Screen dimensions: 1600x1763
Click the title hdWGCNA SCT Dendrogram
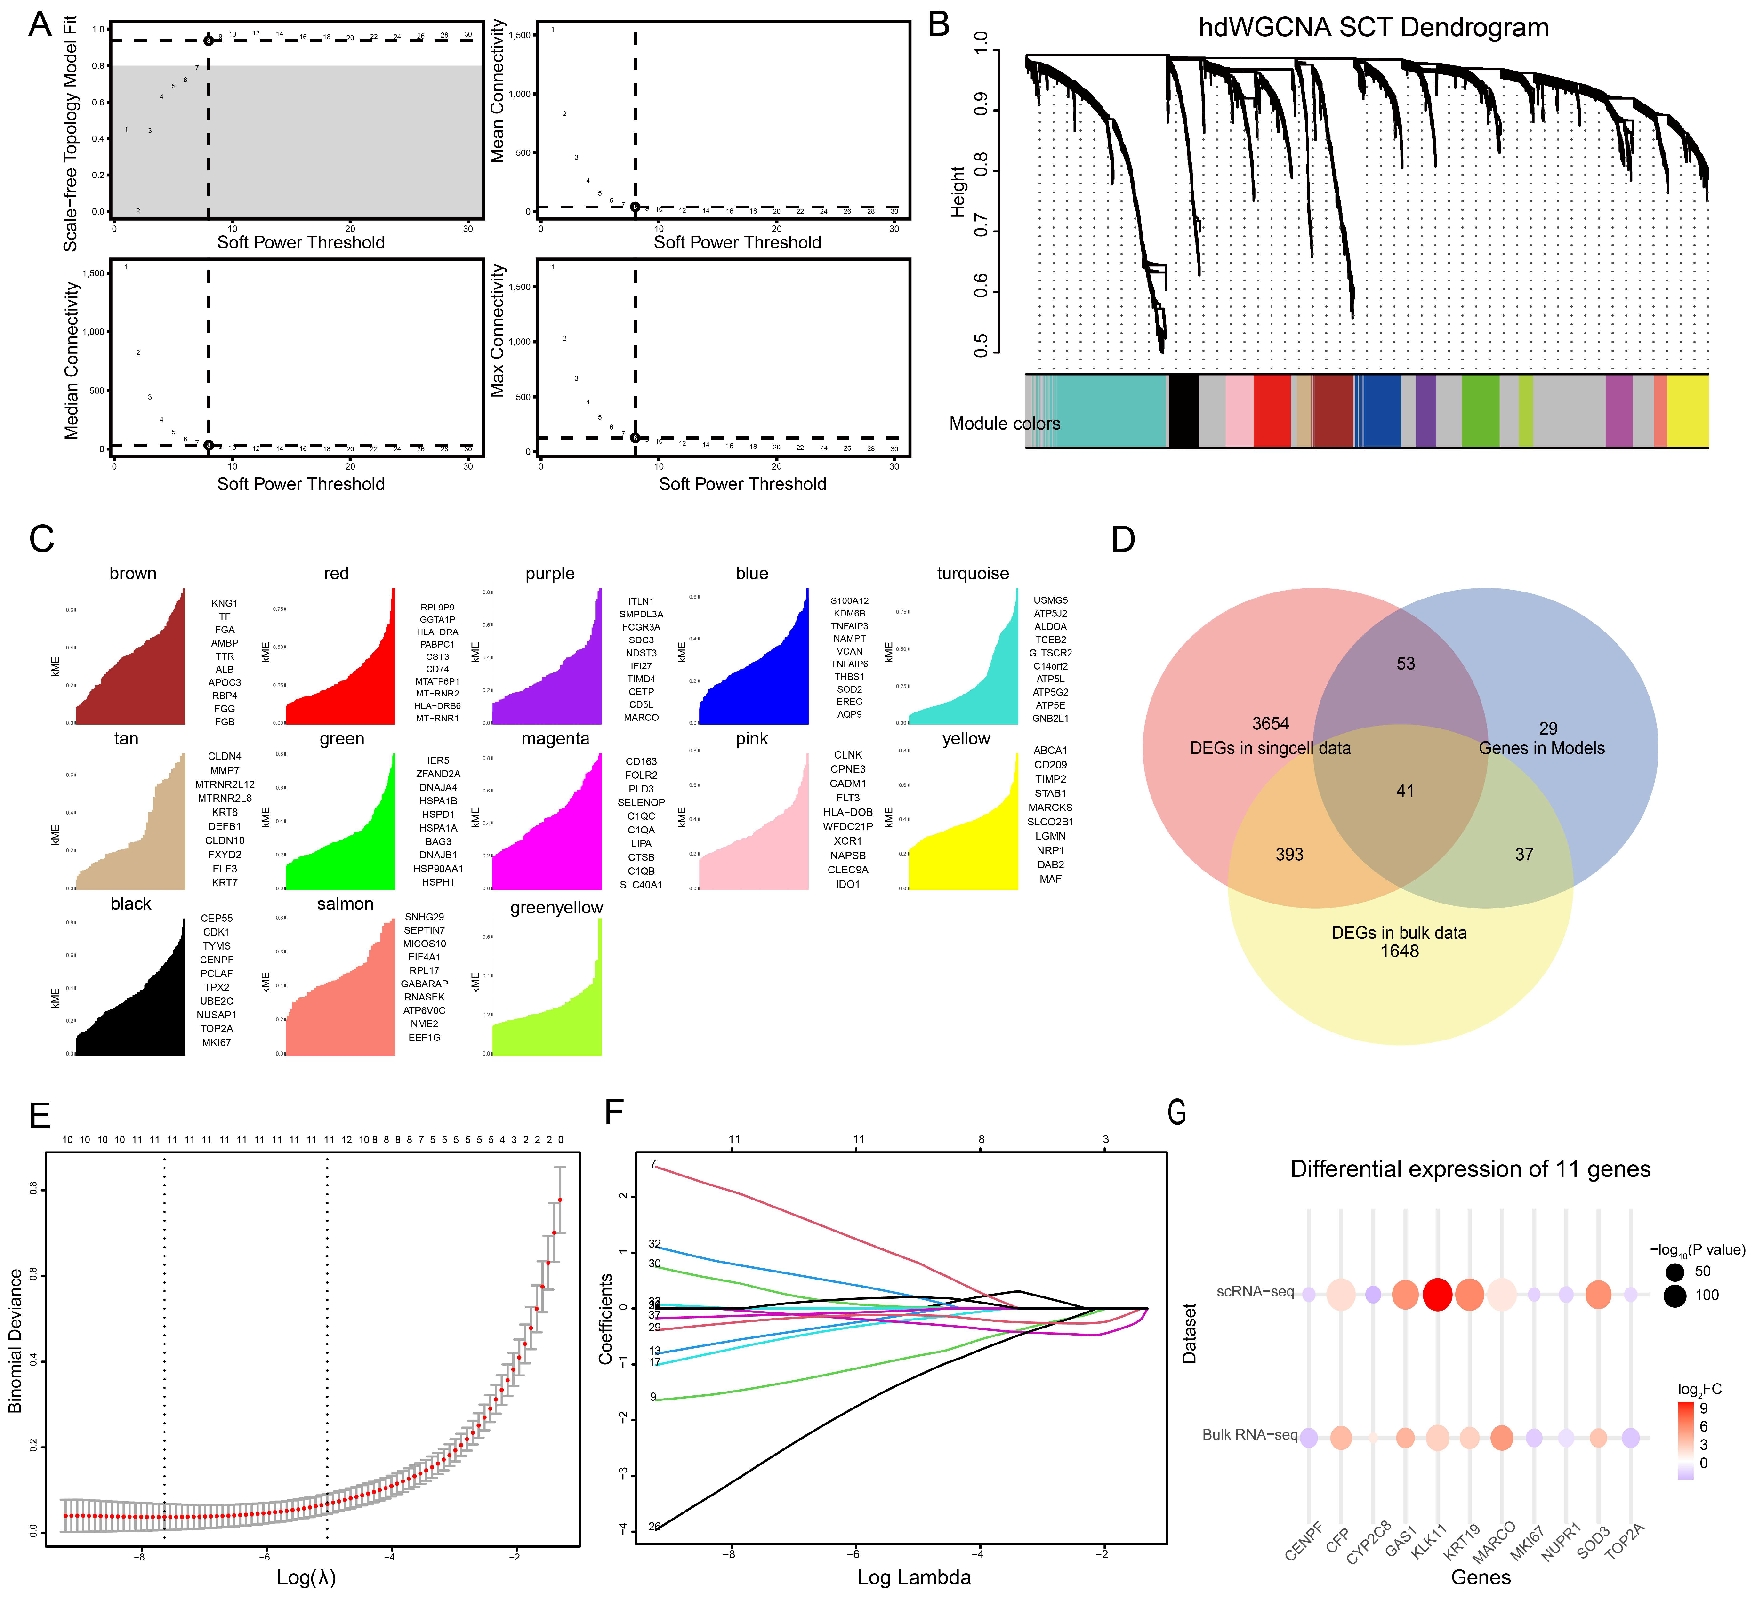[x=1373, y=27]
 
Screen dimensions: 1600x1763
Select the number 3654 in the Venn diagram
[x=1270, y=723]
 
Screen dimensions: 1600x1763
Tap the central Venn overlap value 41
[x=1404, y=791]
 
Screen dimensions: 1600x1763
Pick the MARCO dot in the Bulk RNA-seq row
[x=1502, y=1437]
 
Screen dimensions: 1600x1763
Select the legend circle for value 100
[x=1674, y=1295]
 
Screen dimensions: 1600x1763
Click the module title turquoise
[x=973, y=574]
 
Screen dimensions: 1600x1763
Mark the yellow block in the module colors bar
[x=1688, y=411]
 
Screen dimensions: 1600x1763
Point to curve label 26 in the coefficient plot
[x=654, y=1527]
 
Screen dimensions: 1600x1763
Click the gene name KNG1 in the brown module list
[x=224, y=603]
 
